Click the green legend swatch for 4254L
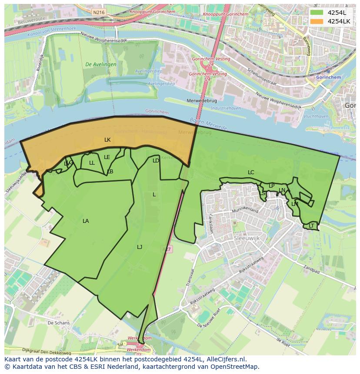pos(317,13)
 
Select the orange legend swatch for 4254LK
pos(317,21)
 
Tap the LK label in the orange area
pos(107,140)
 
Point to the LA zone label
pos(86,221)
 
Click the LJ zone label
pos(140,247)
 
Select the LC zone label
pos(251,172)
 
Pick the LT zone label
pos(311,226)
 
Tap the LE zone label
pos(107,157)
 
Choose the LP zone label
pos(272,186)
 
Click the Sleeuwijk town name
pos(247,238)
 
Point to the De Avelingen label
pos(101,64)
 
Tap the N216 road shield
pos(99,13)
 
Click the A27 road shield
pos(167,249)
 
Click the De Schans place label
pos(59,323)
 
